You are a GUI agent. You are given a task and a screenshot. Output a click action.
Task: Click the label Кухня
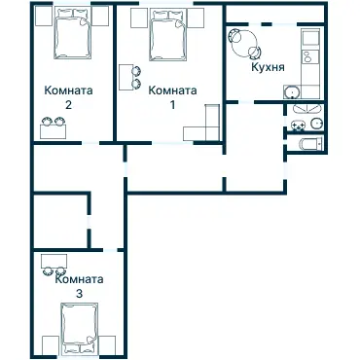point(269,67)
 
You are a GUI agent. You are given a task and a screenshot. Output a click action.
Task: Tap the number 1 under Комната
point(172,105)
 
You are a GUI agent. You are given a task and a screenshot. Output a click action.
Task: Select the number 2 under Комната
point(68,105)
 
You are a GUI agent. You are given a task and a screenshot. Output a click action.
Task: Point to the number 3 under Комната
point(79,294)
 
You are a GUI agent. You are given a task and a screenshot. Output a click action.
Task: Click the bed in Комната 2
point(72,34)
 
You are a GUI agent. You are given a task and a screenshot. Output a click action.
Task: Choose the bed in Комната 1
point(168,35)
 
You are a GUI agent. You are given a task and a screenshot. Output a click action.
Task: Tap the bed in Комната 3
point(80,328)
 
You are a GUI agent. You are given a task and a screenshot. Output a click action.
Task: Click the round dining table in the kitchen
point(244,43)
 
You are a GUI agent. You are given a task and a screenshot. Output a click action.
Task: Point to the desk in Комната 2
point(54,131)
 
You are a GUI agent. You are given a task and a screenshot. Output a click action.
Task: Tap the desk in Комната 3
point(54,261)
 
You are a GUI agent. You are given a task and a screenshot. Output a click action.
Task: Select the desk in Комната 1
point(126,77)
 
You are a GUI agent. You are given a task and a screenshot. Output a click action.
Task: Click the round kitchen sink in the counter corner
point(293,92)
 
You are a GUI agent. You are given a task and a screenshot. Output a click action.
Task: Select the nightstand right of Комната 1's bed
point(196,18)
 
